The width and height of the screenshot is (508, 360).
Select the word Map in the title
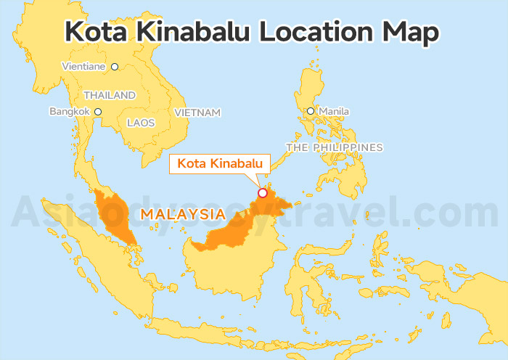coord(413,32)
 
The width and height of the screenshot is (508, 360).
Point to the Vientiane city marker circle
coord(114,67)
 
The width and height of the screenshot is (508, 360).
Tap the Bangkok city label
coord(69,111)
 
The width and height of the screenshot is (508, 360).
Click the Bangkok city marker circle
coord(98,112)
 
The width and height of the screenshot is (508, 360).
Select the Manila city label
coord(335,111)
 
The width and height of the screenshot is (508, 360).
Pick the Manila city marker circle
coord(311,111)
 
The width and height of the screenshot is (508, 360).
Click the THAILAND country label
coord(110,95)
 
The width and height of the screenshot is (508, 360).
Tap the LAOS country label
coord(141,123)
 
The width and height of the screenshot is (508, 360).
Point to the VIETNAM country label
coord(197,112)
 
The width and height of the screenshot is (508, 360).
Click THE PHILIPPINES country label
coord(335,147)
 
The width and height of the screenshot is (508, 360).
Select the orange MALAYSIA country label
coord(182,214)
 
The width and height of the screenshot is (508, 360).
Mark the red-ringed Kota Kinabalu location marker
coord(263,193)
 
